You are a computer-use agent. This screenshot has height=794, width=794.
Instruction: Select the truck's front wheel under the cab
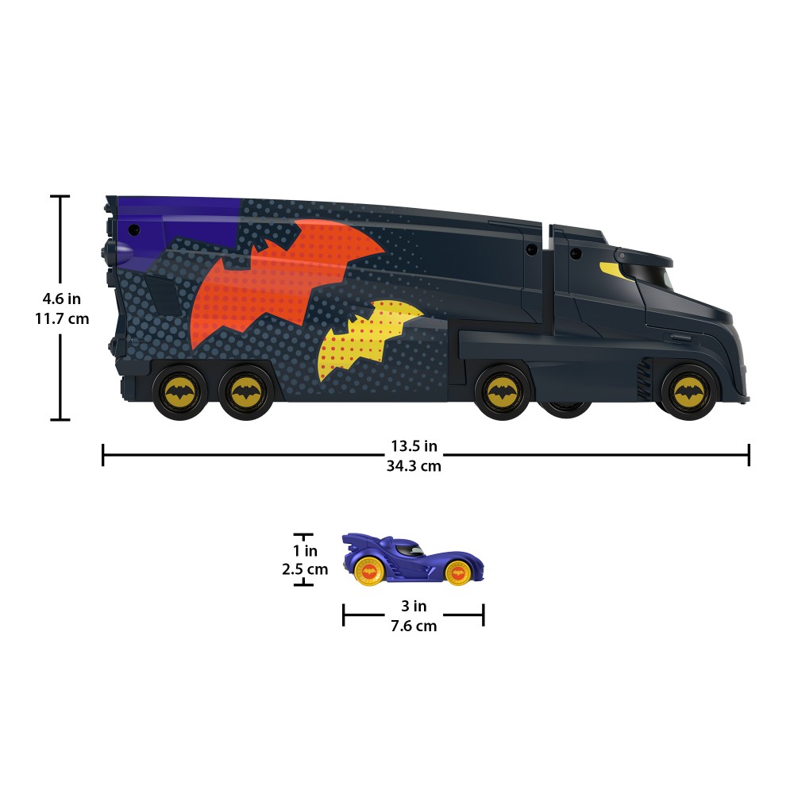688,391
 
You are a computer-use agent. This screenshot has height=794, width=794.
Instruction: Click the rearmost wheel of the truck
179,391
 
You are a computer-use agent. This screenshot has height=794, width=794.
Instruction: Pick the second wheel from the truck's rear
245,391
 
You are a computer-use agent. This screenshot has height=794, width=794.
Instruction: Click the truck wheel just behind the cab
503,391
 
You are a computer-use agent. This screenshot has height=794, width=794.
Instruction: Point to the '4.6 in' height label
61,299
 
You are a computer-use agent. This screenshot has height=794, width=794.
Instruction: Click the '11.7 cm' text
62,319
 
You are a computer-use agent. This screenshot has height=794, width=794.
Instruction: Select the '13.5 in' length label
414,445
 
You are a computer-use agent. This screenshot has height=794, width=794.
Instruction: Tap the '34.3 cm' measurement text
414,466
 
